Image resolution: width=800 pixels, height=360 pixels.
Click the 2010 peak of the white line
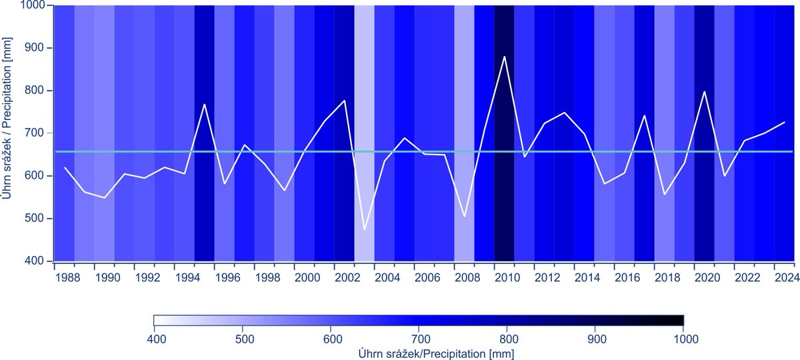click(504, 57)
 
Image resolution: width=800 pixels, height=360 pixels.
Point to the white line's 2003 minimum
click(365, 230)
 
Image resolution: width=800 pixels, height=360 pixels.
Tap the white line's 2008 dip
click(465, 217)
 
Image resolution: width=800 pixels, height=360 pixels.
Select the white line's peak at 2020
click(705, 92)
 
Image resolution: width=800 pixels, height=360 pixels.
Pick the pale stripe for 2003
click(365, 100)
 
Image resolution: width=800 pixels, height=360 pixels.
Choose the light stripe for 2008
click(465, 100)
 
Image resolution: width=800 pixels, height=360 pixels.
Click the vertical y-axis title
click(10, 133)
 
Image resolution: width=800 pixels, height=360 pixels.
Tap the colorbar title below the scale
click(419, 351)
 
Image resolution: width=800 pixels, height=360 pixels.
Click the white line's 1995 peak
click(205, 105)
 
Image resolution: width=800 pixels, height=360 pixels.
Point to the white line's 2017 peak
click(645, 116)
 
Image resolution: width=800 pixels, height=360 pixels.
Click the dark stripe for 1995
click(205, 200)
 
